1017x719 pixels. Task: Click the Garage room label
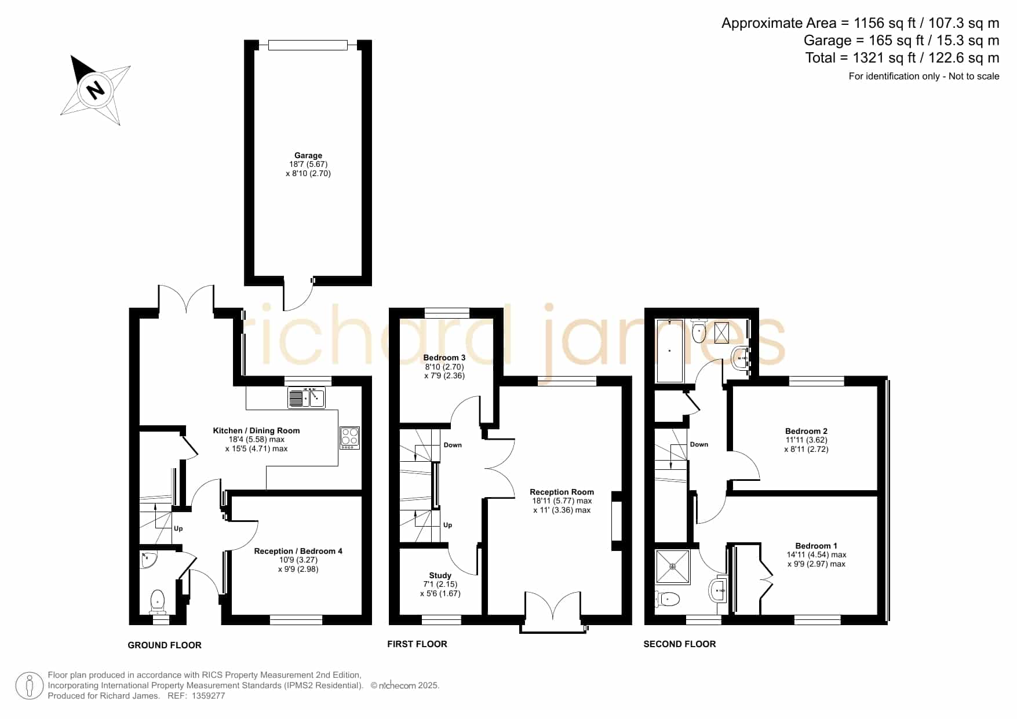click(308, 155)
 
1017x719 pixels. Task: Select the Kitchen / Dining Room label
click(256, 430)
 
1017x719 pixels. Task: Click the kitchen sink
click(307, 397)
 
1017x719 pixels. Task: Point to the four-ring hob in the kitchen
click(350, 437)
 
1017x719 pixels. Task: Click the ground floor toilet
click(158, 601)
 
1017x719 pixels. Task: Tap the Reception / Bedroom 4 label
click(298, 551)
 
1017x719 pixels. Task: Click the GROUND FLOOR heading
click(165, 645)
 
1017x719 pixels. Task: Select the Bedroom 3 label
click(444, 357)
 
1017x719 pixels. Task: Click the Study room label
click(440, 575)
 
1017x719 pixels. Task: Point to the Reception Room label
click(562, 492)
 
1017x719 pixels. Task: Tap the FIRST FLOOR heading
click(417, 644)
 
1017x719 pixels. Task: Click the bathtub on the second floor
click(670, 350)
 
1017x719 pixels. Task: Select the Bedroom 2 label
click(806, 431)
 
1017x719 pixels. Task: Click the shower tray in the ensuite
click(673, 567)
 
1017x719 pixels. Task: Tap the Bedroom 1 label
click(816, 546)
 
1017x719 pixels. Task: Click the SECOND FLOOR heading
click(680, 644)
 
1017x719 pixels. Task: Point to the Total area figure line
click(902, 58)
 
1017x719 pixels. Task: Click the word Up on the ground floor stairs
click(178, 528)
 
